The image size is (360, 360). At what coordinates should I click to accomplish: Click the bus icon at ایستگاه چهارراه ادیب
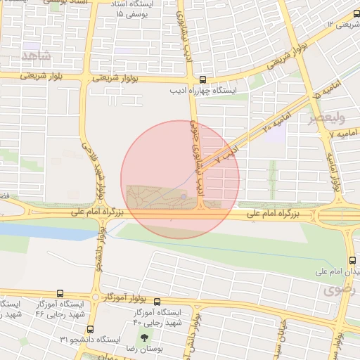click(x=202, y=80)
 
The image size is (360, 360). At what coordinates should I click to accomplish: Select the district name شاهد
click(x=37, y=55)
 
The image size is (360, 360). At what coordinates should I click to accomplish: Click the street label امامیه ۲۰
click(x=277, y=120)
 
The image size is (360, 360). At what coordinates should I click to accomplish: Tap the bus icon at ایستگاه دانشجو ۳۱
click(x=89, y=329)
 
